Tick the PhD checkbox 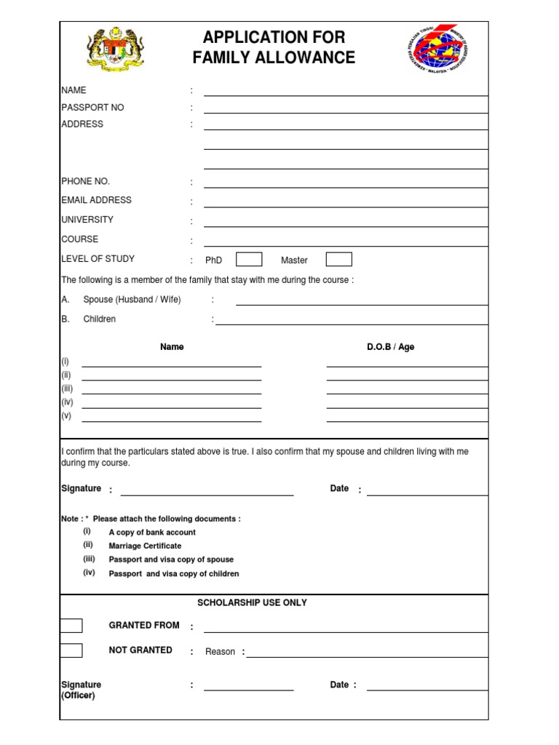tap(249, 259)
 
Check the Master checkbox tap(338, 259)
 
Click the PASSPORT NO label tap(92, 108)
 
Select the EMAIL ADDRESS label tap(96, 200)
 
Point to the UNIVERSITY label tap(87, 220)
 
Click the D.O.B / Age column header tap(390, 347)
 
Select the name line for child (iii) tap(172, 393)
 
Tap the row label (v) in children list tap(66, 416)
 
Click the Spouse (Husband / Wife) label tap(132, 300)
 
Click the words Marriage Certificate tap(145, 546)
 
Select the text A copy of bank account tap(152, 533)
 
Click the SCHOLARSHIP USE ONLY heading tap(252, 603)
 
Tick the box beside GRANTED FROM tap(71, 626)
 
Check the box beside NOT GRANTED tap(71, 650)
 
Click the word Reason tap(220, 652)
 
